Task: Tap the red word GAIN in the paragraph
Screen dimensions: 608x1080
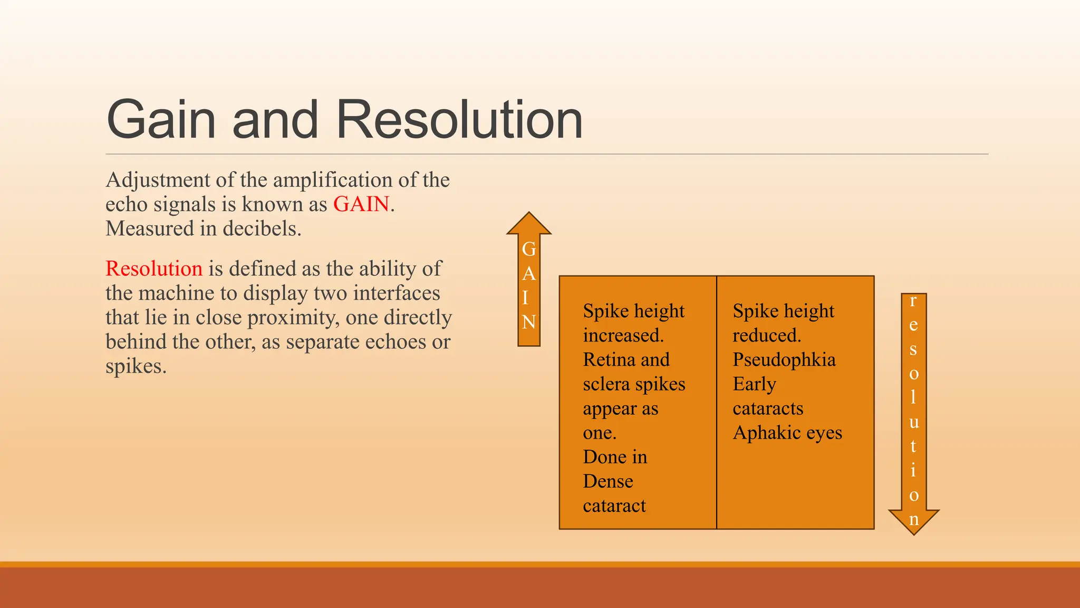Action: [x=361, y=204]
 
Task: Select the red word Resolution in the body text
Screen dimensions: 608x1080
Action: [x=154, y=269]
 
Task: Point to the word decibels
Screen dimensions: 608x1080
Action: [x=261, y=229]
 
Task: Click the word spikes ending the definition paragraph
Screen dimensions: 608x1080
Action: [x=136, y=366]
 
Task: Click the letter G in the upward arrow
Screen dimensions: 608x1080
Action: [x=529, y=249]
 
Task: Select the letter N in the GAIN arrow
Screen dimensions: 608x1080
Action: [x=529, y=322]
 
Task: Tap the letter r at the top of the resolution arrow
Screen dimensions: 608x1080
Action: [x=913, y=301]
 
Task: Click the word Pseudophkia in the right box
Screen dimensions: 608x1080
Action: [x=784, y=360]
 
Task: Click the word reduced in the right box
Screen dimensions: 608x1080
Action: [x=766, y=336]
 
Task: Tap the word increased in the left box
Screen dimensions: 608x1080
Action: [x=622, y=336]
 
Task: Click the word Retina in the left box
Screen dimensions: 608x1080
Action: [x=606, y=360]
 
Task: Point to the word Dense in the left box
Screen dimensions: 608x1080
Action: [x=608, y=481]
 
